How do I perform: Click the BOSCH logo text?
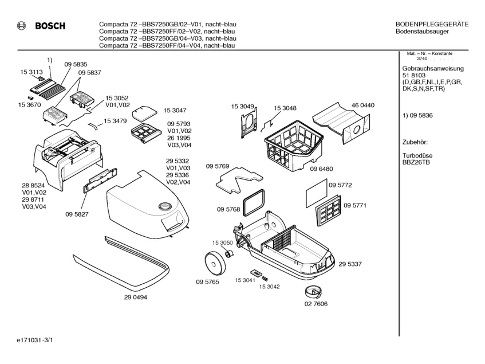(50, 26)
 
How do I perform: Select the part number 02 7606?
(316, 304)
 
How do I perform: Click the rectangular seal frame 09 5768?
(255, 199)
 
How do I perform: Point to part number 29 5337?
(350, 264)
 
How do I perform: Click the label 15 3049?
(243, 107)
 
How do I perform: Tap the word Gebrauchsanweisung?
(433, 68)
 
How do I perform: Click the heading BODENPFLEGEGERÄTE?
(432, 24)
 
